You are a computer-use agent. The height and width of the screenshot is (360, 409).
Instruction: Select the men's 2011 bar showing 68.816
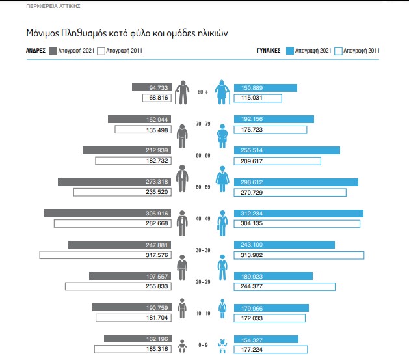(x=159, y=98)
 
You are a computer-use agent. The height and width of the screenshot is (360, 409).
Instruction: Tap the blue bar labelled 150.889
(x=265, y=88)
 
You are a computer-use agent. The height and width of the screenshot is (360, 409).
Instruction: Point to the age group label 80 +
(x=203, y=92)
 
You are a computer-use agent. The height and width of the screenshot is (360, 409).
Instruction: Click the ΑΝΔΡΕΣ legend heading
(x=34, y=50)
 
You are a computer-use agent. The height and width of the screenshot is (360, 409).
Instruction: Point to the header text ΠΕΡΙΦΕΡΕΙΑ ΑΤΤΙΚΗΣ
(x=54, y=5)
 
